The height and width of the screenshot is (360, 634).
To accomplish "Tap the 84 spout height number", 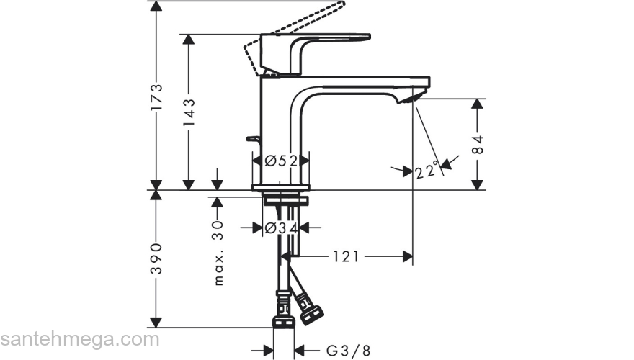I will click(477, 145).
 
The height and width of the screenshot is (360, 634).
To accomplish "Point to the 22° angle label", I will click(427, 171).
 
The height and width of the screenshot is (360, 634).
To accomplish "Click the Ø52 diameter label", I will click(281, 161).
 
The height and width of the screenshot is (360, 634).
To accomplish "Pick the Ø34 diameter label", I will click(281, 228).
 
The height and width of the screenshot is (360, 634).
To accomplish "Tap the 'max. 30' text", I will click(219, 253).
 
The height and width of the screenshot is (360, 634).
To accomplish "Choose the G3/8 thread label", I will click(348, 351).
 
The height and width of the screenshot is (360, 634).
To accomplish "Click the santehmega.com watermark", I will click(79, 338).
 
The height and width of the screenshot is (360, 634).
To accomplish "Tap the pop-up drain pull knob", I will click(252, 138).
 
